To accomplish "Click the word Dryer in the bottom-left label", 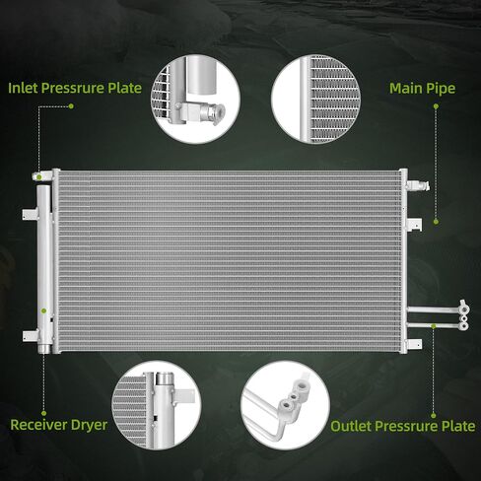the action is point(89,426).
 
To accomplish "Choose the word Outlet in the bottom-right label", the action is point(351,426).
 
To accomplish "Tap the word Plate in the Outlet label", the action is point(458,426).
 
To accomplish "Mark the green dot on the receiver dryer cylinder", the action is point(43,310).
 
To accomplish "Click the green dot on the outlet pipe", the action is point(434,326).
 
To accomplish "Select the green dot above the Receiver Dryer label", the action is point(44,413).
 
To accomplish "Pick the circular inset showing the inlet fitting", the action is point(196,99).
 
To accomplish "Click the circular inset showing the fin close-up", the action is point(316,99).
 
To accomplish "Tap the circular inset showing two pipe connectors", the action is point(286,405).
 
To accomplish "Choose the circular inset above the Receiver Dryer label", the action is point(157,405).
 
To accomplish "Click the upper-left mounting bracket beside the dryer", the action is point(30,214).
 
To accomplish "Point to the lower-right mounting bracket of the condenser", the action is point(415,344).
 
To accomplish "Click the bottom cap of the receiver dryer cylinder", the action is point(43,349).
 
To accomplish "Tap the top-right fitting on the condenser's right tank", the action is point(418,185).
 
